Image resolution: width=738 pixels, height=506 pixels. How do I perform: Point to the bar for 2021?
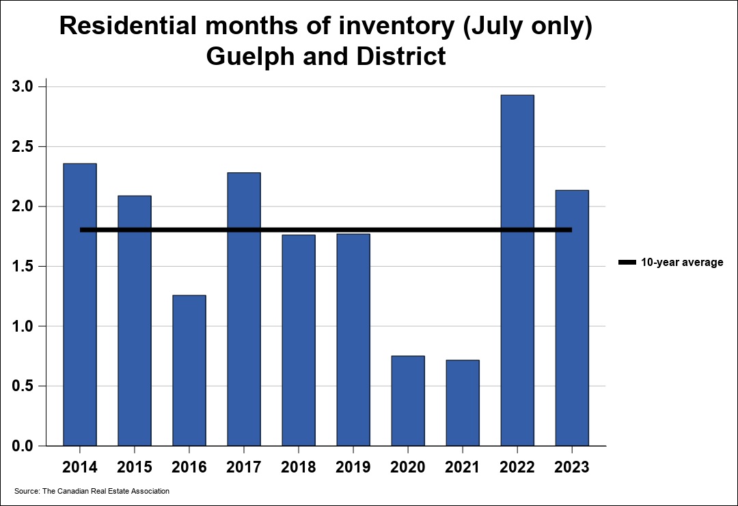click(462, 403)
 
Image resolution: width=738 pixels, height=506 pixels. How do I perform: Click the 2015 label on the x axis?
click(134, 467)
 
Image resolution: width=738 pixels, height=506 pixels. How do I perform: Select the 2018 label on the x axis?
click(298, 467)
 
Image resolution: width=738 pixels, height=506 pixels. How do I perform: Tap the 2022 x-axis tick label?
click(517, 467)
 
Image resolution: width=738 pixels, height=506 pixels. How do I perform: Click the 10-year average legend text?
click(681, 262)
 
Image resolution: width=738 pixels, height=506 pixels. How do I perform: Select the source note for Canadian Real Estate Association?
click(92, 491)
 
